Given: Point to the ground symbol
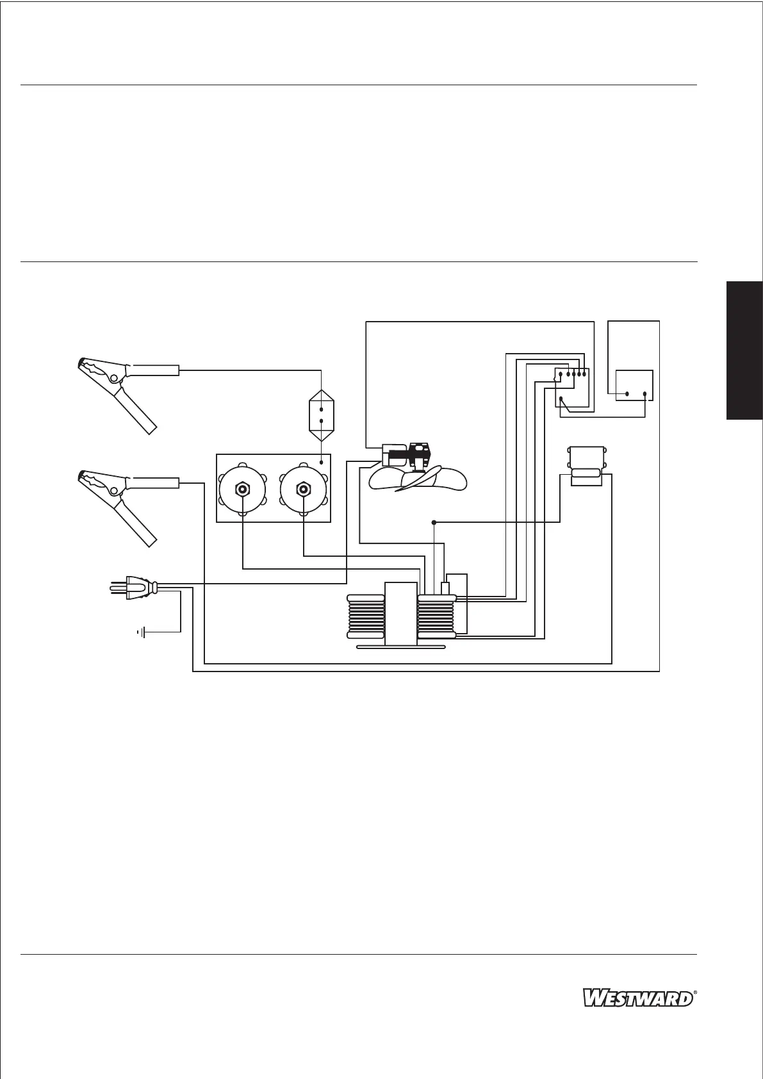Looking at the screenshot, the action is [142, 633].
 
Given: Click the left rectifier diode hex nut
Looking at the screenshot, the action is [243, 490].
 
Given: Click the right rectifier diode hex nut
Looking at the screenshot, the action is [303, 490].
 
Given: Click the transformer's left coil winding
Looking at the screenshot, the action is [365, 616].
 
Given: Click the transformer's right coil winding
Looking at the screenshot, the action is [436, 616].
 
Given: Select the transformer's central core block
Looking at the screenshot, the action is [401, 613].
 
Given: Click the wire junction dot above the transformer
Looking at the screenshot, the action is [434, 522].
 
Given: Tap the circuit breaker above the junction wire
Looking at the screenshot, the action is [586, 466].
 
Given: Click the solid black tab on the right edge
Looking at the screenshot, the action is [744, 349].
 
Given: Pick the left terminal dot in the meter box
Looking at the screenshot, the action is [627, 394].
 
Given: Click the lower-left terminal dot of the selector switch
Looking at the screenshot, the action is [561, 400].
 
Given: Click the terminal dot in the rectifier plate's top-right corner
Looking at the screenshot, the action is [321, 462].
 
